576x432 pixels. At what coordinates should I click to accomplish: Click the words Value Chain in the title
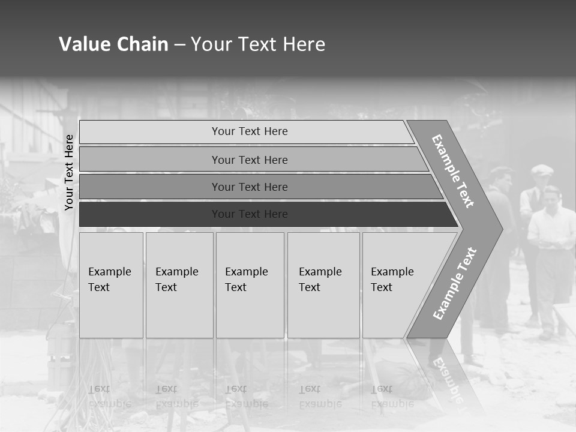(x=113, y=44)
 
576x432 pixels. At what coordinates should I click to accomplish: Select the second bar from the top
(x=250, y=160)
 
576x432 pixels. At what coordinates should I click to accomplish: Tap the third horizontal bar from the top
(x=250, y=187)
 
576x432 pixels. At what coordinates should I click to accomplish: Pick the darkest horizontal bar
(x=250, y=214)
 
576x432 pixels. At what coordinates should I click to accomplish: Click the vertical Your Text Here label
(x=70, y=172)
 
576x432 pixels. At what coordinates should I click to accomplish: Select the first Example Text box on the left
(x=111, y=285)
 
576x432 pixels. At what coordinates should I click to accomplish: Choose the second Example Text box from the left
(x=179, y=285)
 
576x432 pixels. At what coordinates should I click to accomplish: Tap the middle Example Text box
(x=250, y=285)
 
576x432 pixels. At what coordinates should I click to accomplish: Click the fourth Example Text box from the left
(x=323, y=285)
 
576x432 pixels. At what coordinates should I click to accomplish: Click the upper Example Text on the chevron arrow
(x=453, y=171)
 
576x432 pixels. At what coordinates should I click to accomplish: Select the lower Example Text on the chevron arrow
(x=455, y=283)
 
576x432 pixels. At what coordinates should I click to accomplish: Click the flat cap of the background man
(x=542, y=170)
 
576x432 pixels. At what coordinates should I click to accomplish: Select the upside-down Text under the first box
(x=99, y=389)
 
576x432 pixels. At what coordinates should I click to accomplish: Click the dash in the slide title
(x=179, y=44)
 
